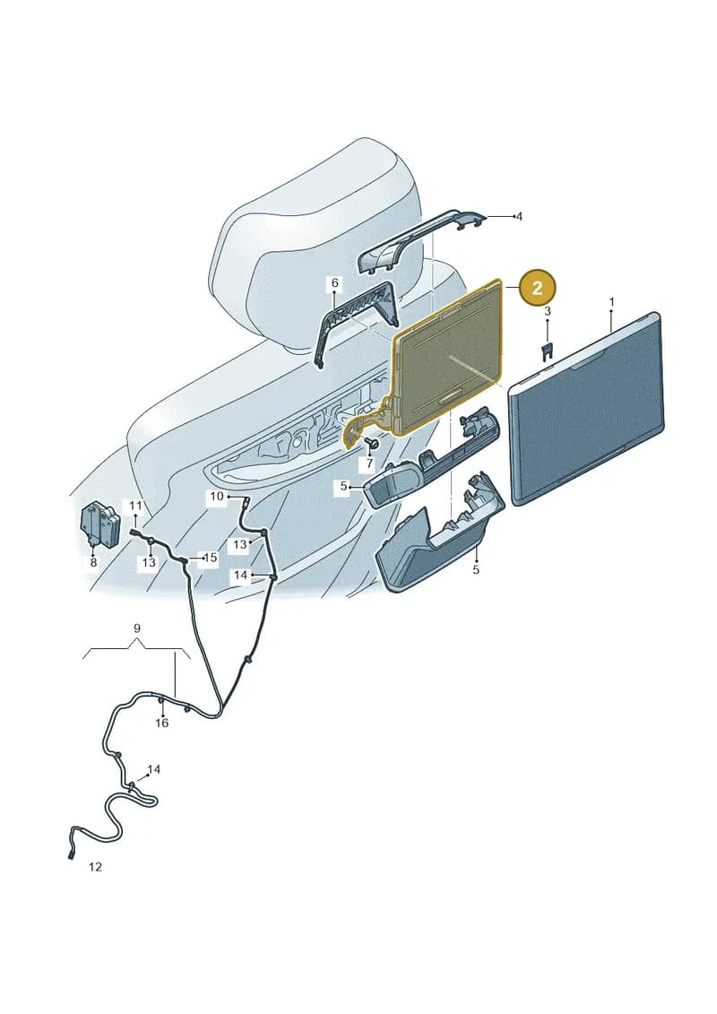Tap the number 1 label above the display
611,302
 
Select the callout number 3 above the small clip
547,312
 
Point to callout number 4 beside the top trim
519,217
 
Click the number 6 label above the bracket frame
335,282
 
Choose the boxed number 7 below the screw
368,464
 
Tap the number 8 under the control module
93,563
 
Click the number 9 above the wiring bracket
136,628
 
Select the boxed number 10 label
217,496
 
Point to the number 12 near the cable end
95,867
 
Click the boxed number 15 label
210,557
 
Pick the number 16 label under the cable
161,723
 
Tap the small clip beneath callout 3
547,351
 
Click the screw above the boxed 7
373,442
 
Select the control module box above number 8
100,524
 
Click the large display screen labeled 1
587,409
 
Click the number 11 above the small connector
135,505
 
